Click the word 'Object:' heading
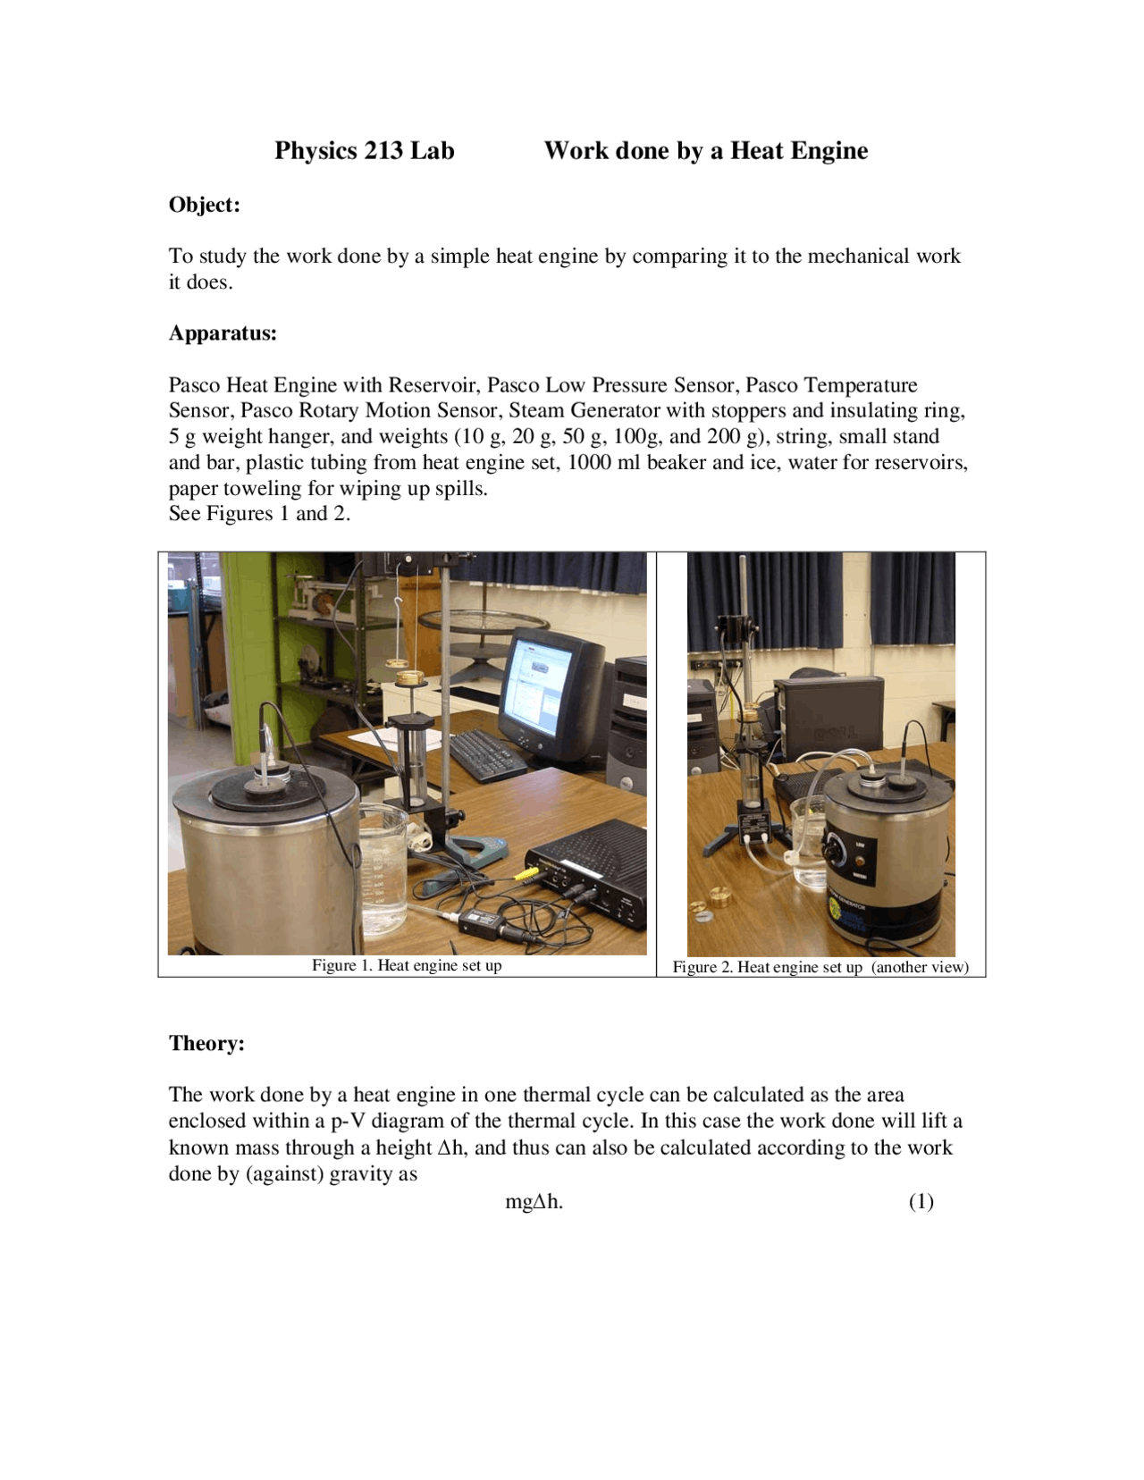tap(204, 205)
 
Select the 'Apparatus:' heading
tap(223, 333)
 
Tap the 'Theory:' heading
tap(206, 1043)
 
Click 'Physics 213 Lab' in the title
tap(364, 150)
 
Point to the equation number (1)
tap(921, 1201)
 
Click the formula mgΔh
tap(534, 1201)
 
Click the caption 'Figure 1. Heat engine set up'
tap(407, 965)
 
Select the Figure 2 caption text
tap(820, 967)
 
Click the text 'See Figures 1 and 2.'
tap(259, 513)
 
